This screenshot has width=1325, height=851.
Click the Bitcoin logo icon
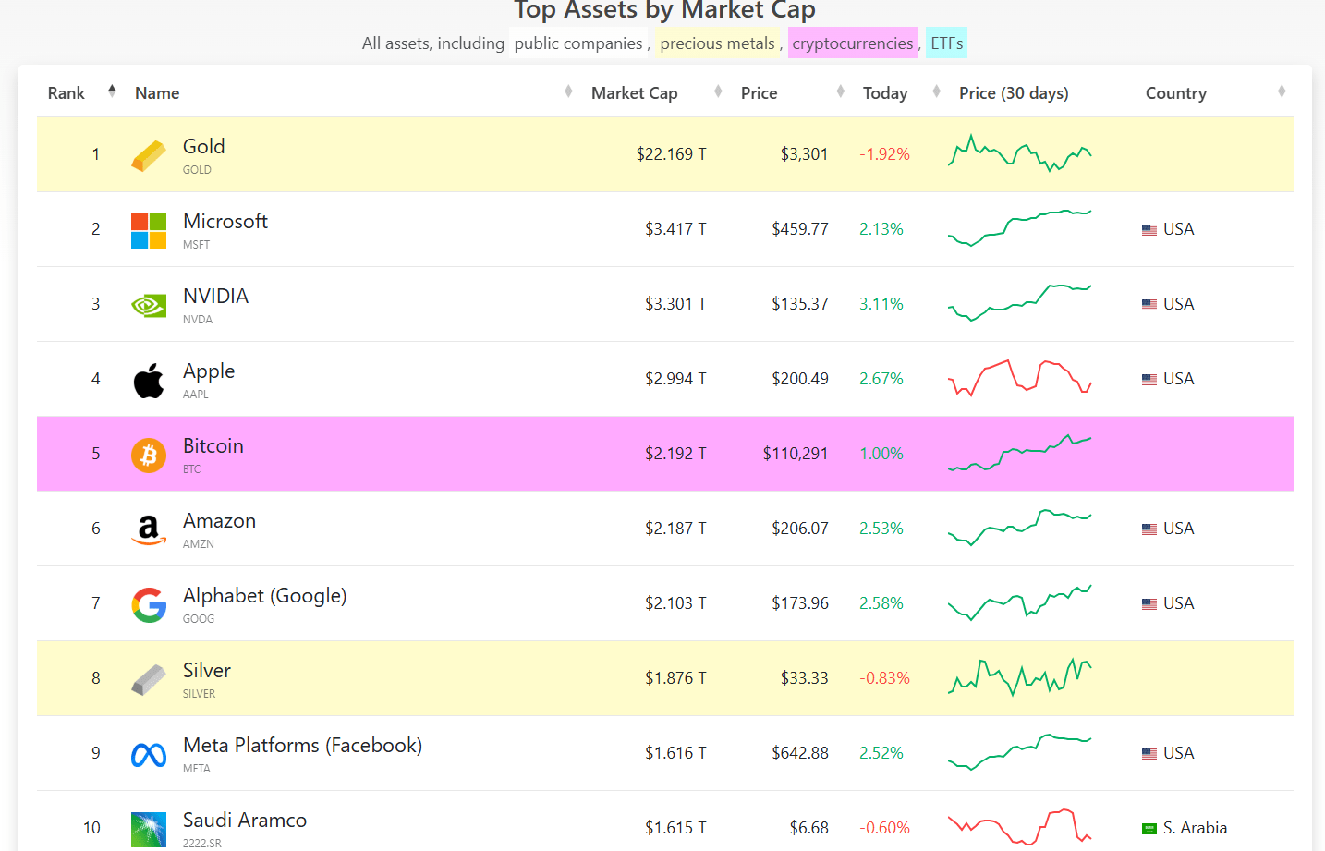[149, 455]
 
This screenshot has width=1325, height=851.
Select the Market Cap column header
[634, 93]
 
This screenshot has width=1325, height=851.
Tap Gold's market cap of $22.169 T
[671, 154]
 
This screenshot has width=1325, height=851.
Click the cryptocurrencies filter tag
[852, 43]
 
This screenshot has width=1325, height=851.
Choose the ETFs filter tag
[946, 43]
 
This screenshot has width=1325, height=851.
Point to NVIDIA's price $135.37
[799, 304]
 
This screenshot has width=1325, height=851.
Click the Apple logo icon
[149, 380]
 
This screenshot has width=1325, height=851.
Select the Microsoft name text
[225, 222]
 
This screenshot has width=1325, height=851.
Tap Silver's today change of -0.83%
[884, 678]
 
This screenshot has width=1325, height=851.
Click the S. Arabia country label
[1194, 828]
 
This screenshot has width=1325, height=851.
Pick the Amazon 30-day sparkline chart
[1019, 528]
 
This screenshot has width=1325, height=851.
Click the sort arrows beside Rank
[112, 91]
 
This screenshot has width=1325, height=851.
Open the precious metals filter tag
[717, 43]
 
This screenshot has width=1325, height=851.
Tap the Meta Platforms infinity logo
[149, 755]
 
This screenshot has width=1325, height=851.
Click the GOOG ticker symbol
[199, 619]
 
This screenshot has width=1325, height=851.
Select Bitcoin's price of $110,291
[795, 454]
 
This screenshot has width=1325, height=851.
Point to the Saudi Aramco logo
[149, 829]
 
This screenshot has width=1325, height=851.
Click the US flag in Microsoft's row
[1149, 230]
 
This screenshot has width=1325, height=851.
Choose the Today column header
[884, 93]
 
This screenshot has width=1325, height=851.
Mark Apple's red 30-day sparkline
[1019, 378]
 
